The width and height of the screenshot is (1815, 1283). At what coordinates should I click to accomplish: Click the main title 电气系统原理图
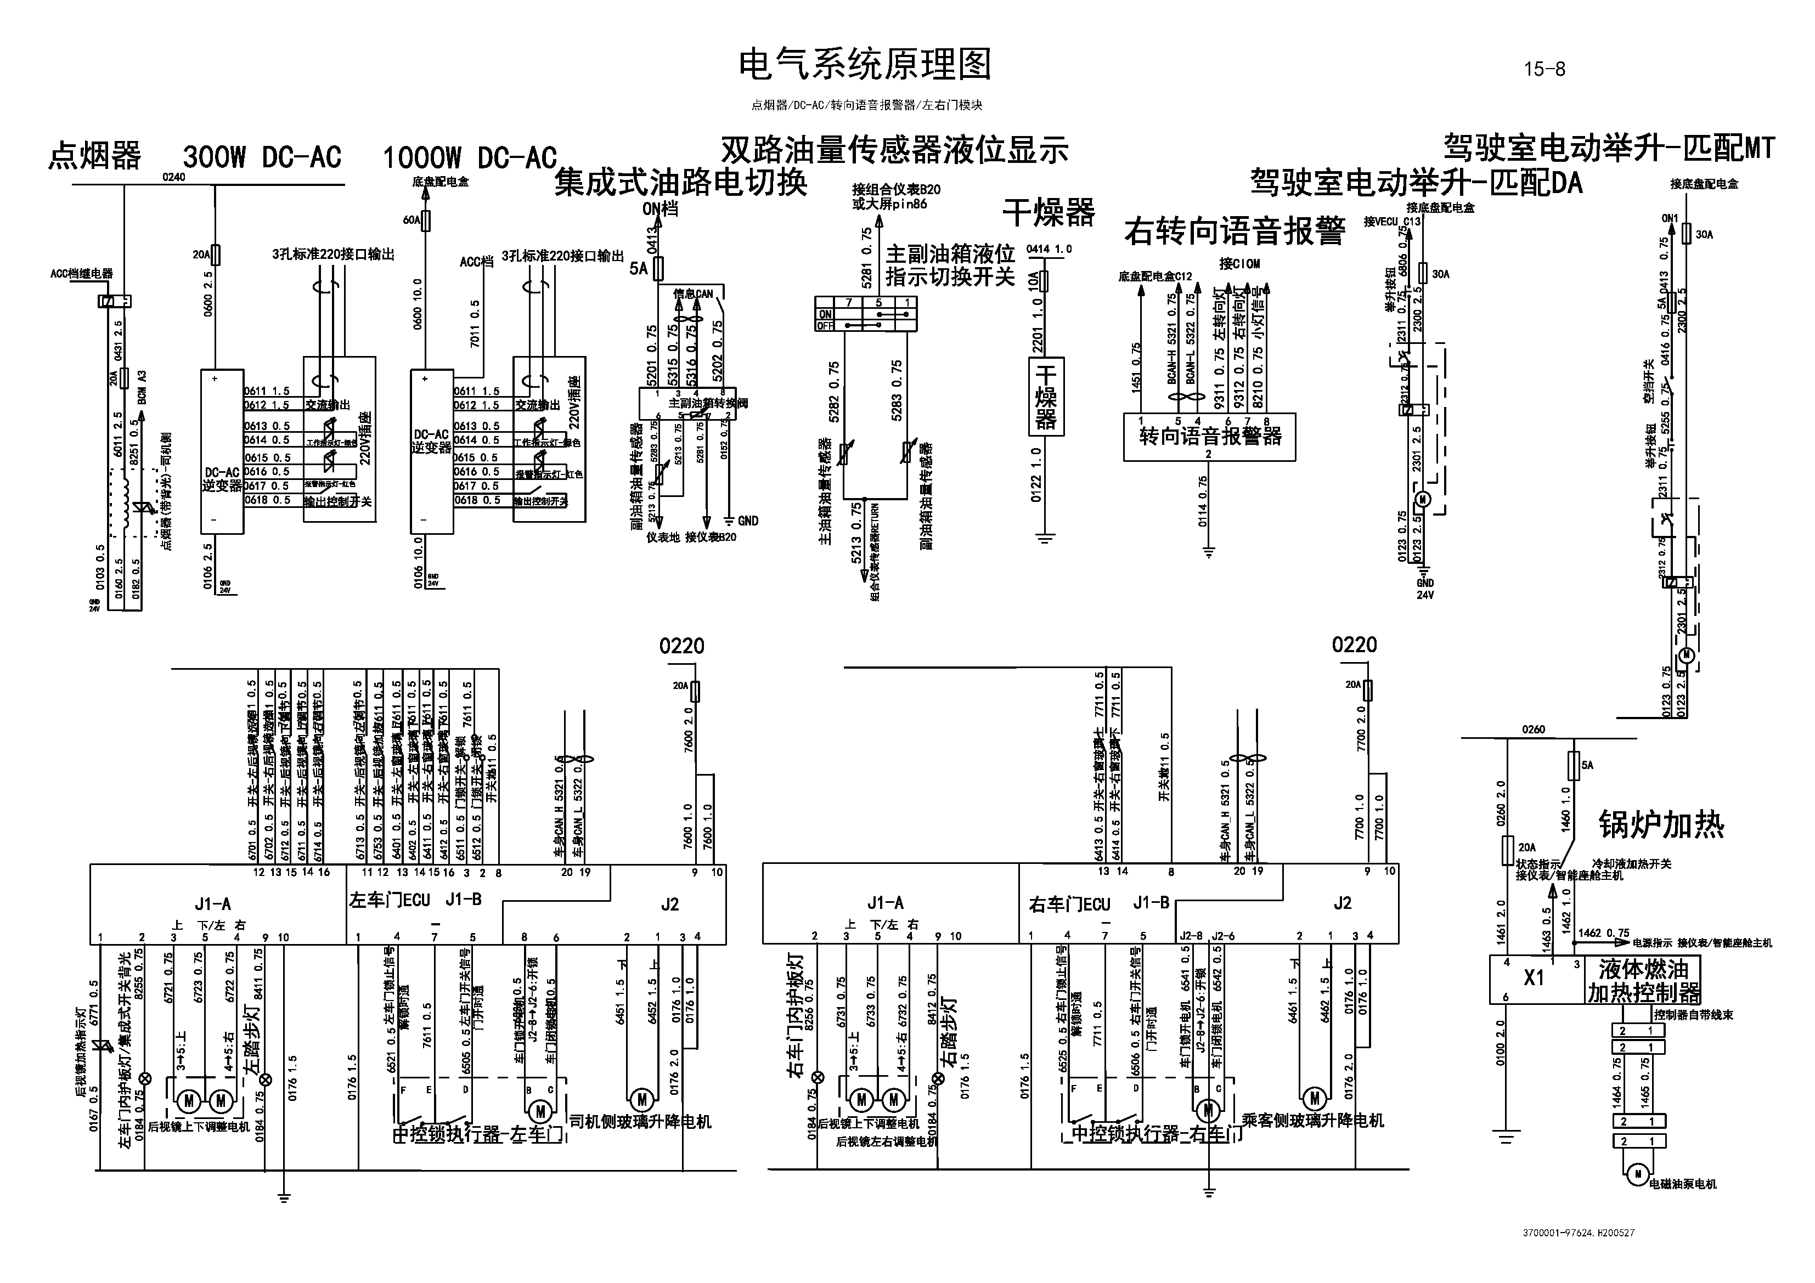click(864, 65)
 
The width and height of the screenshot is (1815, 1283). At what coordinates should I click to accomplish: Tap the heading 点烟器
click(95, 156)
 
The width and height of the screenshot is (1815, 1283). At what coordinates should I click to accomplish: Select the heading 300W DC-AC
click(262, 157)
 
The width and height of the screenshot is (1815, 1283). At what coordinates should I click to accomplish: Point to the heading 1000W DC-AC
click(470, 158)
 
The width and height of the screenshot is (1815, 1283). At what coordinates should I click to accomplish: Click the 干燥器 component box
click(1046, 396)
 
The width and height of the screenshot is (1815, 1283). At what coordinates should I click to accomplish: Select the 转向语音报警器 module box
click(1209, 437)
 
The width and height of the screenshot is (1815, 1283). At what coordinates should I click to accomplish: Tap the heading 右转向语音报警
click(1235, 231)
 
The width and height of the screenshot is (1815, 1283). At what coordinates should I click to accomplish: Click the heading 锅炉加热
click(1661, 824)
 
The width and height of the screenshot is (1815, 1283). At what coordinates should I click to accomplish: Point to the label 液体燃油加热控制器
click(1643, 980)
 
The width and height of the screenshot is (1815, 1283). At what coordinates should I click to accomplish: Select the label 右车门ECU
click(1069, 905)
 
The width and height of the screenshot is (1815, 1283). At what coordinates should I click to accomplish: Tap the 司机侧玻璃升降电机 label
click(640, 1121)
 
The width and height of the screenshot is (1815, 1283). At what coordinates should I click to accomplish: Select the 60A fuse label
click(411, 220)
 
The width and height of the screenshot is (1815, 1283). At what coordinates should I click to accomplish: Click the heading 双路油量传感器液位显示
click(894, 149)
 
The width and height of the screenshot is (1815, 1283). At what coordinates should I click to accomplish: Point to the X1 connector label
click(1534, 978)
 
